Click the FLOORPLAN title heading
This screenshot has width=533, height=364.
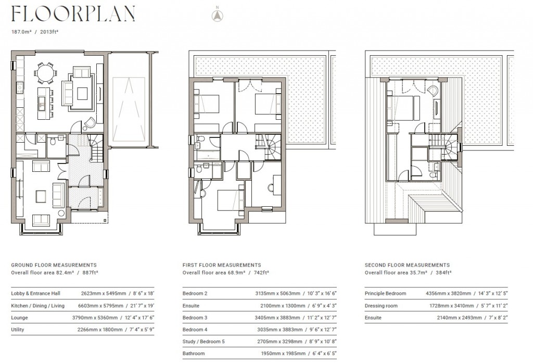tap(73, 14)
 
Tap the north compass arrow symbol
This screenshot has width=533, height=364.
tap(217, 15)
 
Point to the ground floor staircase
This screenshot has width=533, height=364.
tap(95, 146)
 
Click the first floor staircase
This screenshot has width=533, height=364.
tap(272, 146)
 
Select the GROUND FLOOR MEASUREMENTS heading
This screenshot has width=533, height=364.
tap(54, 265)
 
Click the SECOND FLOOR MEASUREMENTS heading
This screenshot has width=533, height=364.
tap(407, 265)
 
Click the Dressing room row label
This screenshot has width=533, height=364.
tap(381, 306)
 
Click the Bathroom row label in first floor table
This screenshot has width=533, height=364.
tap(193, 354)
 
